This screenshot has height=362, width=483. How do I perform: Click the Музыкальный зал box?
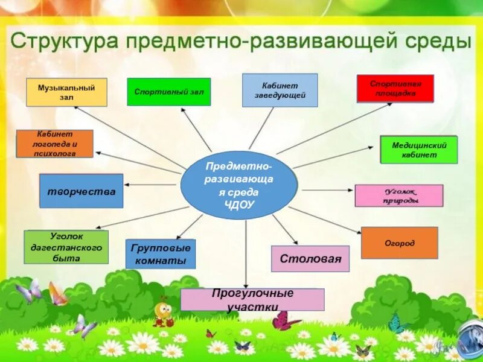66,92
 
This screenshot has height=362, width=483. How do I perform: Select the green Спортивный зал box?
168,92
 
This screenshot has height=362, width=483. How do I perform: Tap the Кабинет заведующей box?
280,90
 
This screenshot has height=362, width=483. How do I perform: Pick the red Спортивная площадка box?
395,88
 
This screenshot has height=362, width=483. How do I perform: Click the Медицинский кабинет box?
418,150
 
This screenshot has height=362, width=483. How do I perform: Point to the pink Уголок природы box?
398,195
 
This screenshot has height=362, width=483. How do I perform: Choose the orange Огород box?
399,243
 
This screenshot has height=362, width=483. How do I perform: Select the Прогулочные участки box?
252,299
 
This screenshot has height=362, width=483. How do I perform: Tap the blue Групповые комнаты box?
161,254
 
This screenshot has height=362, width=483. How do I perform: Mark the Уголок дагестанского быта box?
66,247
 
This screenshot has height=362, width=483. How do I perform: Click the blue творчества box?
81,191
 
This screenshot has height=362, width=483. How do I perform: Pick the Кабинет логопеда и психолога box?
54,144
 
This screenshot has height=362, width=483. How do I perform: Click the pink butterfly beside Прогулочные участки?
285,320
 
